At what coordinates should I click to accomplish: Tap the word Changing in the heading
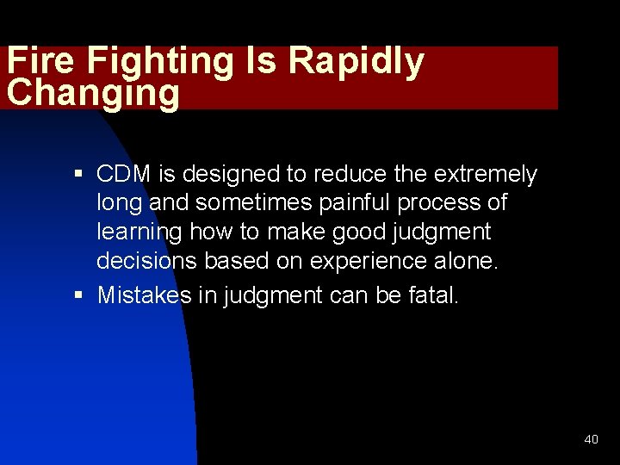[x=92, y=93]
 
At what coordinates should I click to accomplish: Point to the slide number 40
[x=591, y=439]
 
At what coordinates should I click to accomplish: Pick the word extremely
[x=485, y=175]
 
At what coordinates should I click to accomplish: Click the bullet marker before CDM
[x=77, y=175]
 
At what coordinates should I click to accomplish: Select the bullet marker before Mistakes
[x=77, y=295]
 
